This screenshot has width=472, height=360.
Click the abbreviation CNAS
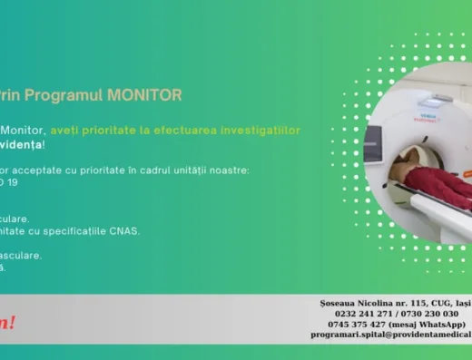tap(124, 230)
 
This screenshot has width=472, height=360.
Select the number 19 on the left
tap(11, 181)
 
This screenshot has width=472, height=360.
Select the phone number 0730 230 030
tap(428, 313)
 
